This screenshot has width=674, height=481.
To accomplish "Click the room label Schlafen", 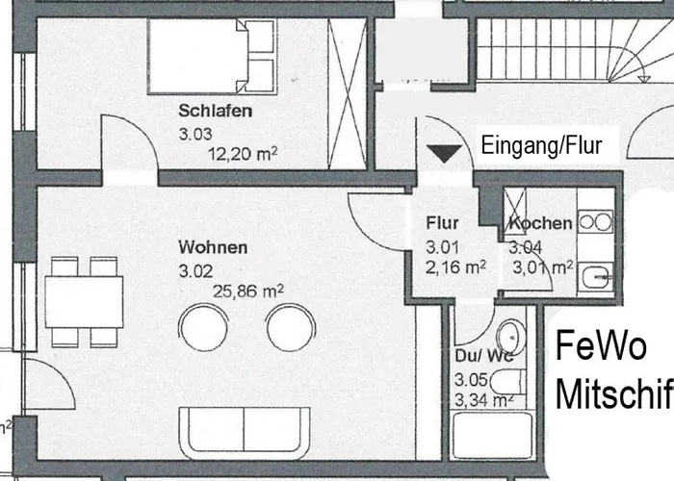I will pyautogui.click(x=216, y=112).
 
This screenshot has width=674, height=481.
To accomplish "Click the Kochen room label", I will pyautogui.click(x=541, y=224).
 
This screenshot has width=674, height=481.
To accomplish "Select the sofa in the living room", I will pyautogui.click(x=244, y=433).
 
